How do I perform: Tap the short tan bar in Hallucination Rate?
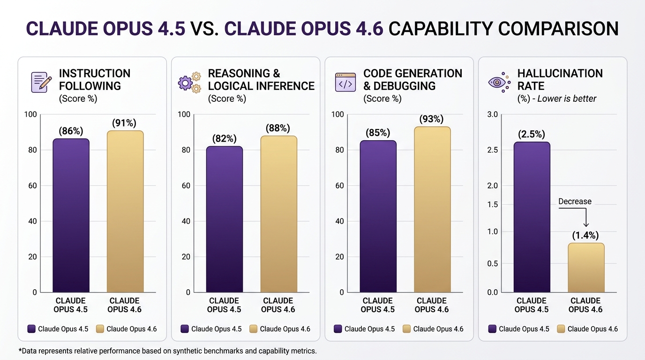coord(585,268)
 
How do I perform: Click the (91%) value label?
coord(124,123)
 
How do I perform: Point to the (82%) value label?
coord(224,139)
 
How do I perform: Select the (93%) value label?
coord(431,119)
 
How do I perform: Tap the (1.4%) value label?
coord(585,235)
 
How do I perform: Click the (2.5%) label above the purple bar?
coord(532,135)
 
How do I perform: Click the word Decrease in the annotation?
coord(575,202)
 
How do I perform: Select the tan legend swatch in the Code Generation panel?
coord(406,329)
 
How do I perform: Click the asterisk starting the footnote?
coord(20,350)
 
